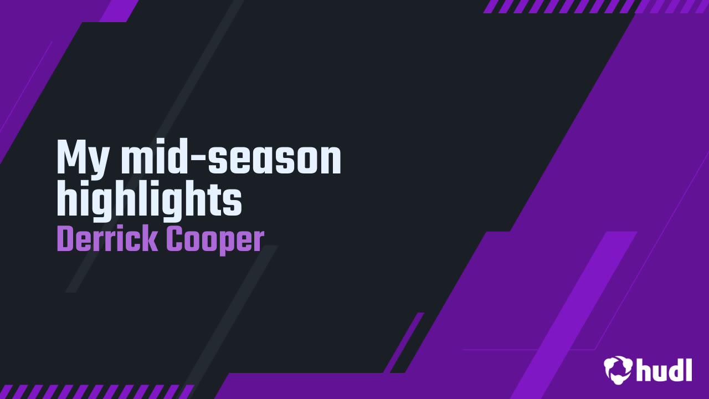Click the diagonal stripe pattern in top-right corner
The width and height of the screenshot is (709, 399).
[595, 6]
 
